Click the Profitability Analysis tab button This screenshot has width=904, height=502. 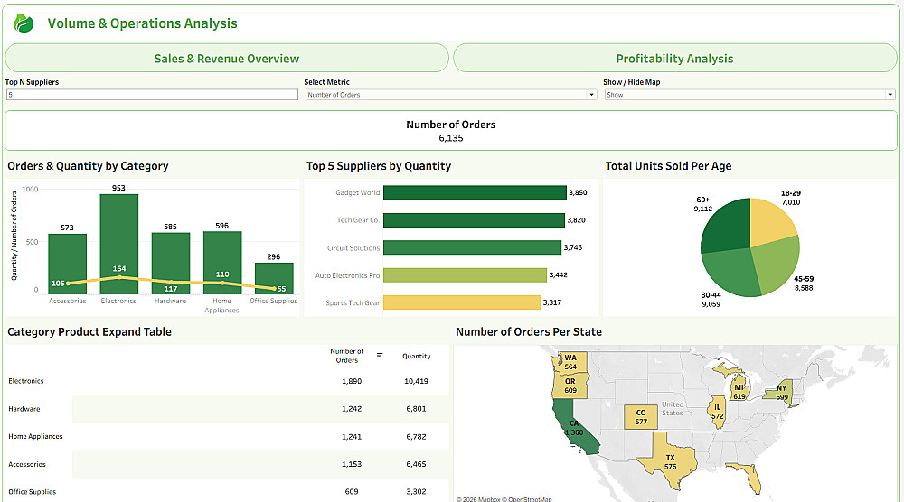[x=674, y=59]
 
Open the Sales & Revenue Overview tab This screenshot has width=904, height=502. [x=226, y=59]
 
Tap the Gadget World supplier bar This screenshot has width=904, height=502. [x=475, y=192]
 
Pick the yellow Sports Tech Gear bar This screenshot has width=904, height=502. [x=461, y=302]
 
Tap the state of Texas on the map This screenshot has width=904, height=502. [x=670, y=460]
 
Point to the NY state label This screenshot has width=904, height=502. [x=780, y=390]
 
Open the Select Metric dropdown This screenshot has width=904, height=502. [x=450, y=95]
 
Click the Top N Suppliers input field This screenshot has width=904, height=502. [x=151, y=95]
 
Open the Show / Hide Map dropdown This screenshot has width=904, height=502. [x=749, y=95]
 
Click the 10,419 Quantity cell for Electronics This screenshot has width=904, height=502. [x=416, y=381]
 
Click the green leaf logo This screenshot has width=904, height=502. [x=24, y=24]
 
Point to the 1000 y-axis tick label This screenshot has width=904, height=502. [x=31, y=189]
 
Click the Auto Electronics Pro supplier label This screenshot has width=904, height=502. [x=347, y=275]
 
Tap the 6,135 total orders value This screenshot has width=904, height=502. [x=450, y=138]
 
